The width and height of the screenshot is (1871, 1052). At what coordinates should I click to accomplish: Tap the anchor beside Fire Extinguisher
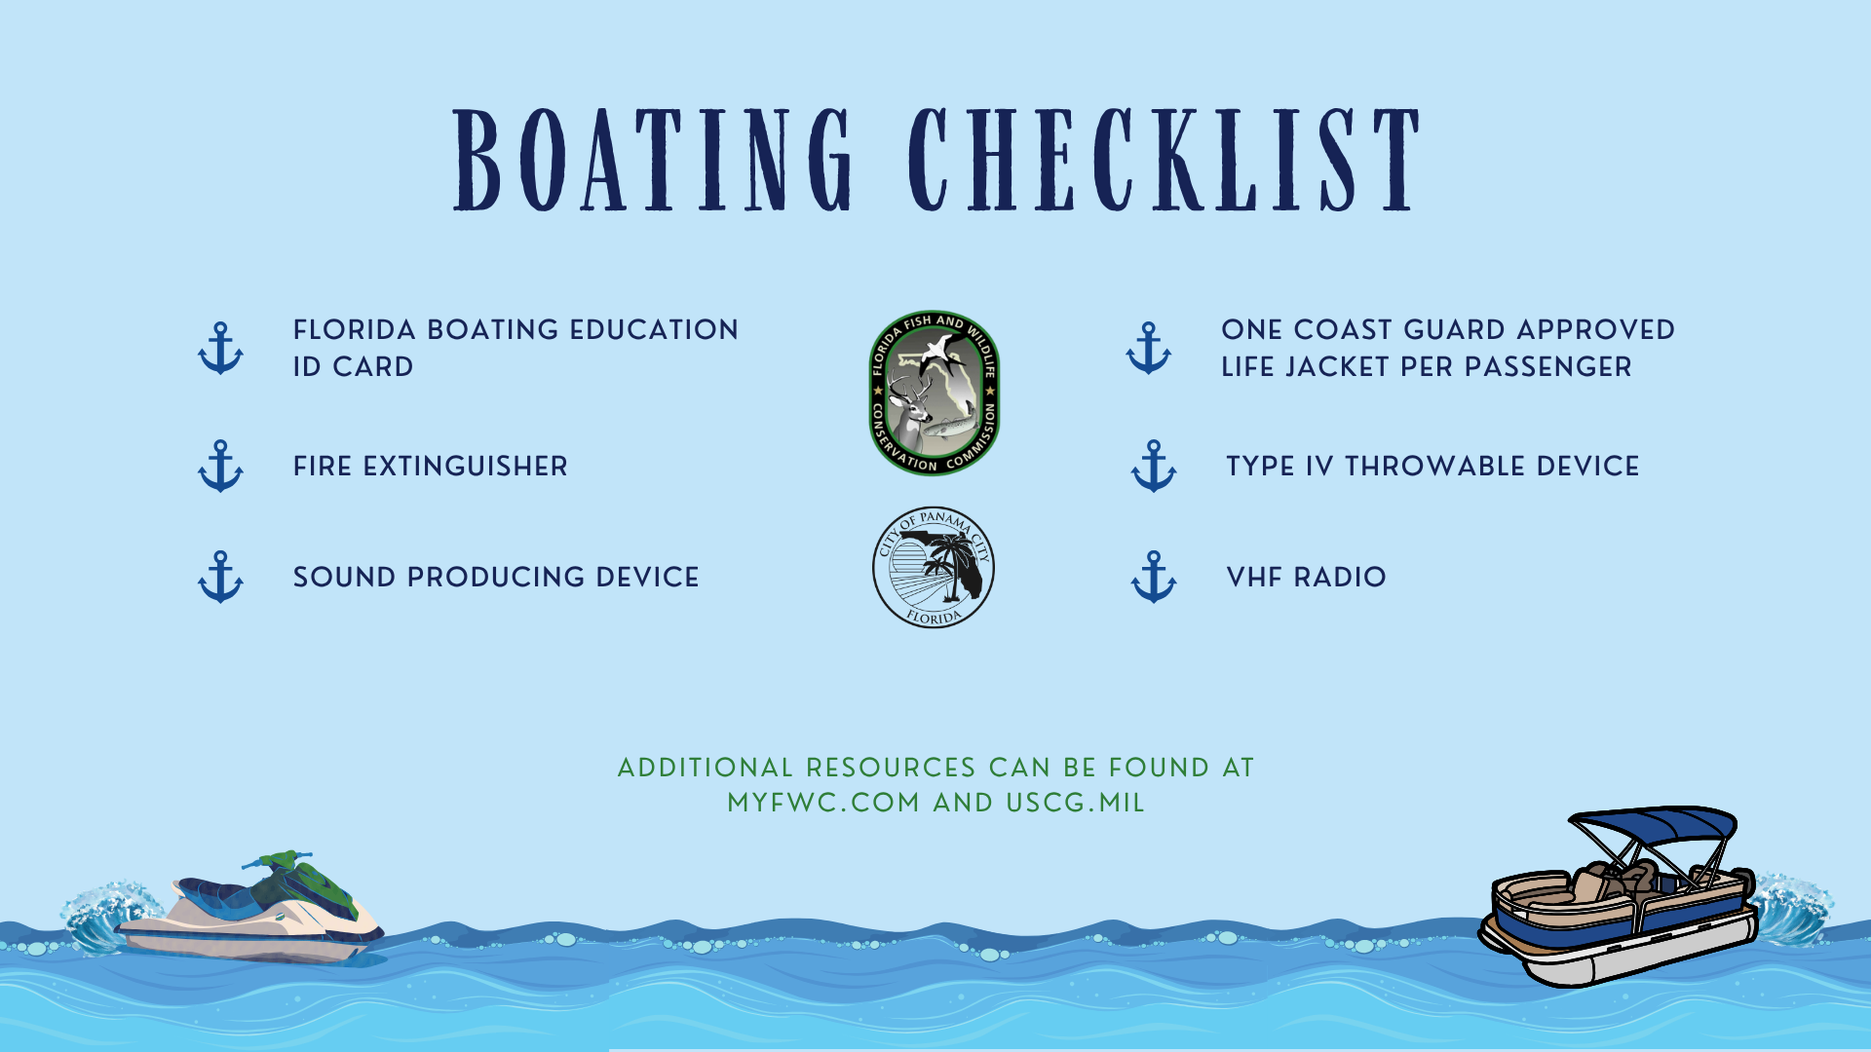point(220,467)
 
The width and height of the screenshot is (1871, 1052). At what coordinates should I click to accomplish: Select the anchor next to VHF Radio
point(1154,577)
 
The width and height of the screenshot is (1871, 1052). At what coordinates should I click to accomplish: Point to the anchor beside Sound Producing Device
point(220,577)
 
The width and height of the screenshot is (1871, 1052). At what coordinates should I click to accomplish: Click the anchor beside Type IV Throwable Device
point(1154,467)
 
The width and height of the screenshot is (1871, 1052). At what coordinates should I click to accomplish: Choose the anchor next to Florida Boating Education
point(220,349)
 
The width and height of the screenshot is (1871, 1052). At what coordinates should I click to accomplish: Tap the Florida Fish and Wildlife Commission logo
point(934,394)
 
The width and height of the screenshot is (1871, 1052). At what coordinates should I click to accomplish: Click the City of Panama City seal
point(934,567)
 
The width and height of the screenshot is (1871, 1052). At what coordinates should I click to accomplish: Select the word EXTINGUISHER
point(465,467)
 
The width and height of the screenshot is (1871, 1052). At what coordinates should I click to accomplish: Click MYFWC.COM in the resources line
point(823,804)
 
